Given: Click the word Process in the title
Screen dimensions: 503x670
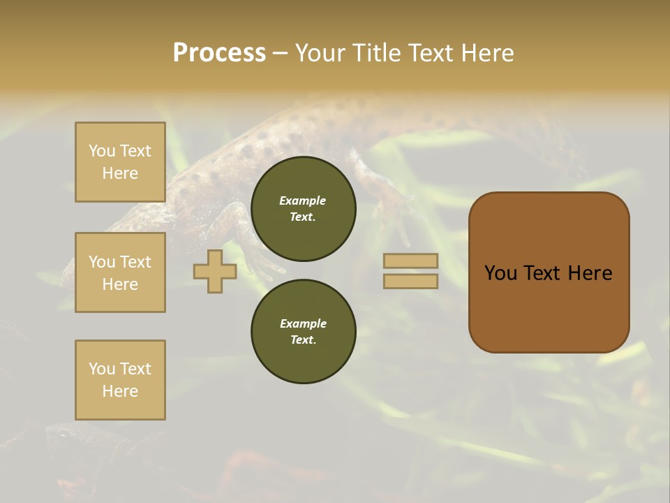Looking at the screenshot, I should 219,53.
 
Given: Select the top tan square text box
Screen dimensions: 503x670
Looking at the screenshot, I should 120,162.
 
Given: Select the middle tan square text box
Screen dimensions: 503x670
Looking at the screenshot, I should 120,272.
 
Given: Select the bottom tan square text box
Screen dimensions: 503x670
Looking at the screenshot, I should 120,380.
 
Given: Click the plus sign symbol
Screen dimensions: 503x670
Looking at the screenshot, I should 215,272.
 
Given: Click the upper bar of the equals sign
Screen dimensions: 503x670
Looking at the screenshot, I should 410,261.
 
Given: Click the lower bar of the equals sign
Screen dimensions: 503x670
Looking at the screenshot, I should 410,282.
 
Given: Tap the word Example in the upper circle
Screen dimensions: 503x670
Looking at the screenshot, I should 303,201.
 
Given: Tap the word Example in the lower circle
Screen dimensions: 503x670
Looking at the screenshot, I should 303,323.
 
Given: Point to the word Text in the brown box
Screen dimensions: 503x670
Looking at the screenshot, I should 543,273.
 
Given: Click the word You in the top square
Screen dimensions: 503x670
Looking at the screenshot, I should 102,151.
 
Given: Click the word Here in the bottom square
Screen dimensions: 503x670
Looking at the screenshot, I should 120,391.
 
